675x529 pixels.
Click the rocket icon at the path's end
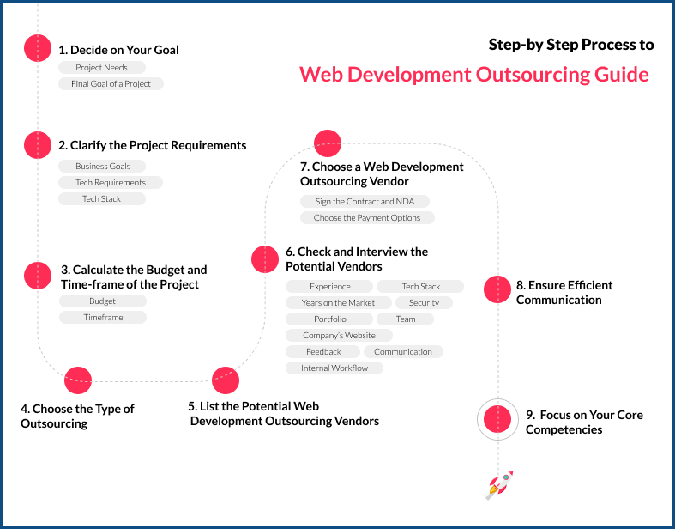pyautogui.click(x=499, y=484)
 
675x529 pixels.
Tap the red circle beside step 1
pyautogui.click(x=38, y=48)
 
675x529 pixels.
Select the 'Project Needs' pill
pyautogui.click(x=102, y=67)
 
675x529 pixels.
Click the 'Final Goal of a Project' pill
pyautogui.click(x=111, y=83)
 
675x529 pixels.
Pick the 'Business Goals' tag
pyautogui.click(x=103, y=166)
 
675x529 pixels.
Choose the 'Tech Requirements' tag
pyautogui.click(x=111, y=182)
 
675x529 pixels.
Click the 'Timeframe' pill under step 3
pyautogui.click(x=103, y=317)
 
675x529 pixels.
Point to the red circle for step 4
pyautogui.click(x=78, y=380)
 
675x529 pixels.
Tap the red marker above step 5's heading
pyautogui.click(x=226, y=380)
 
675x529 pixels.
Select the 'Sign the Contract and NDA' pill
pyautogui.click(x=365, y=201)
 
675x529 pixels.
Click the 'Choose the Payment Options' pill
pyautogui.click(x=367, y=218)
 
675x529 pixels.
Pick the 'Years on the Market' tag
pyautogui.click(x=338, y=302)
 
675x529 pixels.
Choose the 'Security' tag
pyautogui.click(x=424, y=302)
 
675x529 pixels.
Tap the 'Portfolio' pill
pyautogui.click(x=330, y=319)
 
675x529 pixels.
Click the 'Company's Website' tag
pyautogui.click(x=339, y=335)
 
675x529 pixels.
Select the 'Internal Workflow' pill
pyautogui.click(x=334, y=368)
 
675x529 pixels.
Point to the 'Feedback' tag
pyautogui.click(x=323, y=351)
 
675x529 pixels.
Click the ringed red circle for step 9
pyautogui.click(x=497, y=419)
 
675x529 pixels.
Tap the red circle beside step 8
pyautogui.click(x=497, y=289)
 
